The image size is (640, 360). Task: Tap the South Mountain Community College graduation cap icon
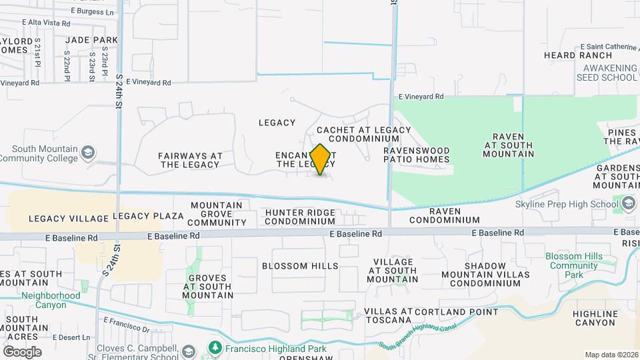click(87, 153)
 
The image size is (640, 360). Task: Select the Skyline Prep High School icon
click(628, 203)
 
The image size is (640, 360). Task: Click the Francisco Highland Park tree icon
click(215, 347)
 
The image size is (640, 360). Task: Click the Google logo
click(21, 351)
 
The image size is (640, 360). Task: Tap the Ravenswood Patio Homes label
click(417, 155)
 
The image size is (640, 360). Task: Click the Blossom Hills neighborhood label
click(300, 266)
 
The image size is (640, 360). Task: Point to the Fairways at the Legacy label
click(190, 160)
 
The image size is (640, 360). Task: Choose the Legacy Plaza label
click(148, 216)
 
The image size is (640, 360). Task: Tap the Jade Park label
click(92, 40)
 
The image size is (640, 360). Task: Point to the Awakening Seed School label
click(610, 73)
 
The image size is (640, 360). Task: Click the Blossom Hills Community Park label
click(573, 265)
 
